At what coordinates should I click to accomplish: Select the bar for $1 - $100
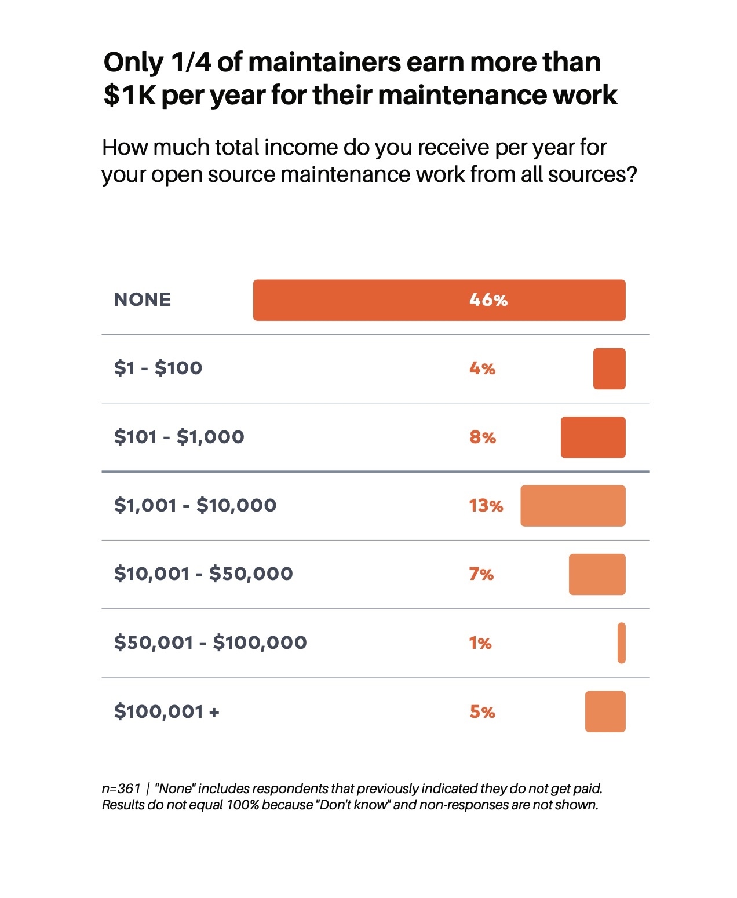click(609, 368)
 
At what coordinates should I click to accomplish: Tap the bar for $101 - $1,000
click(593, 437)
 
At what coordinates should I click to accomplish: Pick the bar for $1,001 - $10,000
click(572, 506)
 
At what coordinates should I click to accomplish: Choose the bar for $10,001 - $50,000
click(597, 574)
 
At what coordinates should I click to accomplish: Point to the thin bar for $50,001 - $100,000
click(621, 643)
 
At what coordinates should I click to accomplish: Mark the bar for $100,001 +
click(605, 711)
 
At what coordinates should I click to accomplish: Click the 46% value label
click(488, 300)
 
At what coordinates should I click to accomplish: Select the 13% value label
click(486, 506)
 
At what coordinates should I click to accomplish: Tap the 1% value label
click(480, 643)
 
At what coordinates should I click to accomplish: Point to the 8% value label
click(483, 437)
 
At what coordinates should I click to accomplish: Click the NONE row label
click(143, 300)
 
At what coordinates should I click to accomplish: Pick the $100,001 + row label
click(167, 711)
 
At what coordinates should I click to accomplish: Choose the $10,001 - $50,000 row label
click(203, 574)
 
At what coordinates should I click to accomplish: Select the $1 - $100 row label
click(158, 368)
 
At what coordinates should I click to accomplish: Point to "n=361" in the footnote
click(121, 789)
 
